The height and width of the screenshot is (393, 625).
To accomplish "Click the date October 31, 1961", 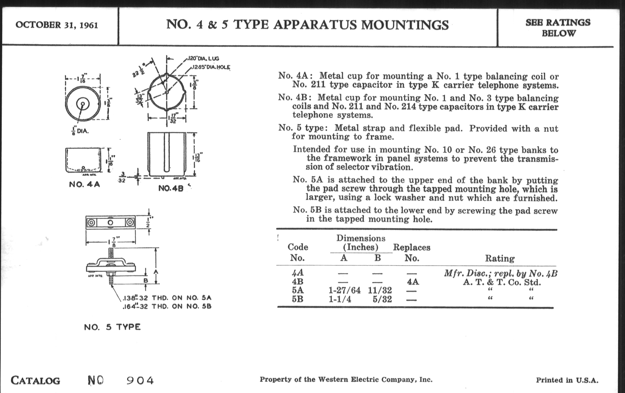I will point(57,25).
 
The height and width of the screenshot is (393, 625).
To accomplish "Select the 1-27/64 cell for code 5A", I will point(344,290).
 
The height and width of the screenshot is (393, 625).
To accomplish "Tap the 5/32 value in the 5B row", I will point(382,299).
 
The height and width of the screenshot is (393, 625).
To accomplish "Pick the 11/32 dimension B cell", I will point(380,290).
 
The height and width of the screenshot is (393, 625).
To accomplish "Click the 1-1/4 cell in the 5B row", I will point(340,299).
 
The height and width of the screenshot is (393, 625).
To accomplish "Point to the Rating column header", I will point(500,258).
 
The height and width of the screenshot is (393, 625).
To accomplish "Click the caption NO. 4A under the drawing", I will point(84,185).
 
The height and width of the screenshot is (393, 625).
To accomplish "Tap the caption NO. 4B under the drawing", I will point(171,188).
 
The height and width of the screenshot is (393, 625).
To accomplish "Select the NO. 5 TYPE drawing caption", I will point(112,327).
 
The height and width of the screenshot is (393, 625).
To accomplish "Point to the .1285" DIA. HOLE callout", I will point(211,68).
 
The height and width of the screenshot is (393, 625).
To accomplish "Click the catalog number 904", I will point(140,381).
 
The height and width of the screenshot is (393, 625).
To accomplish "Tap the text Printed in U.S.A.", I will point(567,380).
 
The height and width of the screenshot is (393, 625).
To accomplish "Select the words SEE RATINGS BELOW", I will point(558,28).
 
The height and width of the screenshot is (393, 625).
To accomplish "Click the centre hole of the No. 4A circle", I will point(82,104).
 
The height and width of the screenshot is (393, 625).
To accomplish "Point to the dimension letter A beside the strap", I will point(156,272).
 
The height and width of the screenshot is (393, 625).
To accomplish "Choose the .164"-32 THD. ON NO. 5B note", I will point(167,306).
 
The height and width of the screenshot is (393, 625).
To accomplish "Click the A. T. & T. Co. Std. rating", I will point(502,282).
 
